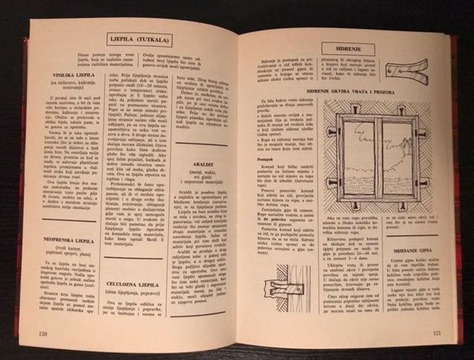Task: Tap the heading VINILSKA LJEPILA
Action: [x=70, y=76]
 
